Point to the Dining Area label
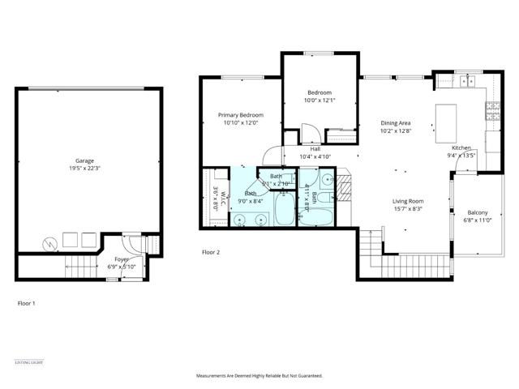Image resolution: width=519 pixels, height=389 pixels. point(397,122)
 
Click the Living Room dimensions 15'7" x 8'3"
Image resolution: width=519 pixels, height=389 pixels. point(408,209)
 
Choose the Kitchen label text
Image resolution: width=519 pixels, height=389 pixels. point(461,148)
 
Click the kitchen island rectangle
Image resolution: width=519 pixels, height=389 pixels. point(448,113)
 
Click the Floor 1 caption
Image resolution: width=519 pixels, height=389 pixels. point(27,303)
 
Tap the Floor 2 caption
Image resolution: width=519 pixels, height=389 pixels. point(211,253)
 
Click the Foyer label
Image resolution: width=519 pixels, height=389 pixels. point(121,259)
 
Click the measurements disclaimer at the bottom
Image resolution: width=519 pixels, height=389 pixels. point(259,376)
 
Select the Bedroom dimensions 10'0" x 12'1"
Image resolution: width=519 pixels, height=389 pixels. point(320,100)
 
